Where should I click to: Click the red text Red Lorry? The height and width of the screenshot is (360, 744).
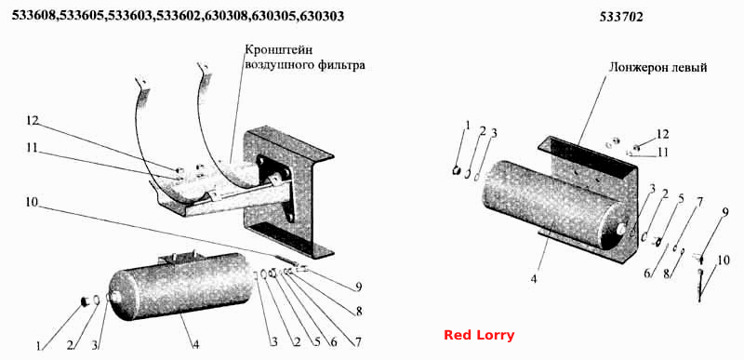tap(479, 335)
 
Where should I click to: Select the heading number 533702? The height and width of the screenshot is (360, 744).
tap(621, 17)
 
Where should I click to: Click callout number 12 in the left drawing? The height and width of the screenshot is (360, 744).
tap(33, 121)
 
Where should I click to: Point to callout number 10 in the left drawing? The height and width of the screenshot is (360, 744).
tap(33, 202)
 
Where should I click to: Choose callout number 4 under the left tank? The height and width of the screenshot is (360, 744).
tap(195, 345)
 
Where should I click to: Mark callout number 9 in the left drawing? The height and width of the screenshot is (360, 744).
tap(359, 287)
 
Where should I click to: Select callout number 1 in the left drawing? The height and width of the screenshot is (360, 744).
tap(38, 346)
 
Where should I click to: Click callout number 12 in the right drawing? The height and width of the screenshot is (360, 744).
tap(662, 134)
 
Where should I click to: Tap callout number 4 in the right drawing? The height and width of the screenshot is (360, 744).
tap(534, 279)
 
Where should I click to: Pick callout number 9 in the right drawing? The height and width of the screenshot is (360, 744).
tap(725, 213)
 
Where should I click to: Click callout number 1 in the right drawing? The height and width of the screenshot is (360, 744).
tap(468, 126)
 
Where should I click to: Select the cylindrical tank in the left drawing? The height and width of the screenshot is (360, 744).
tap(179, 286)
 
